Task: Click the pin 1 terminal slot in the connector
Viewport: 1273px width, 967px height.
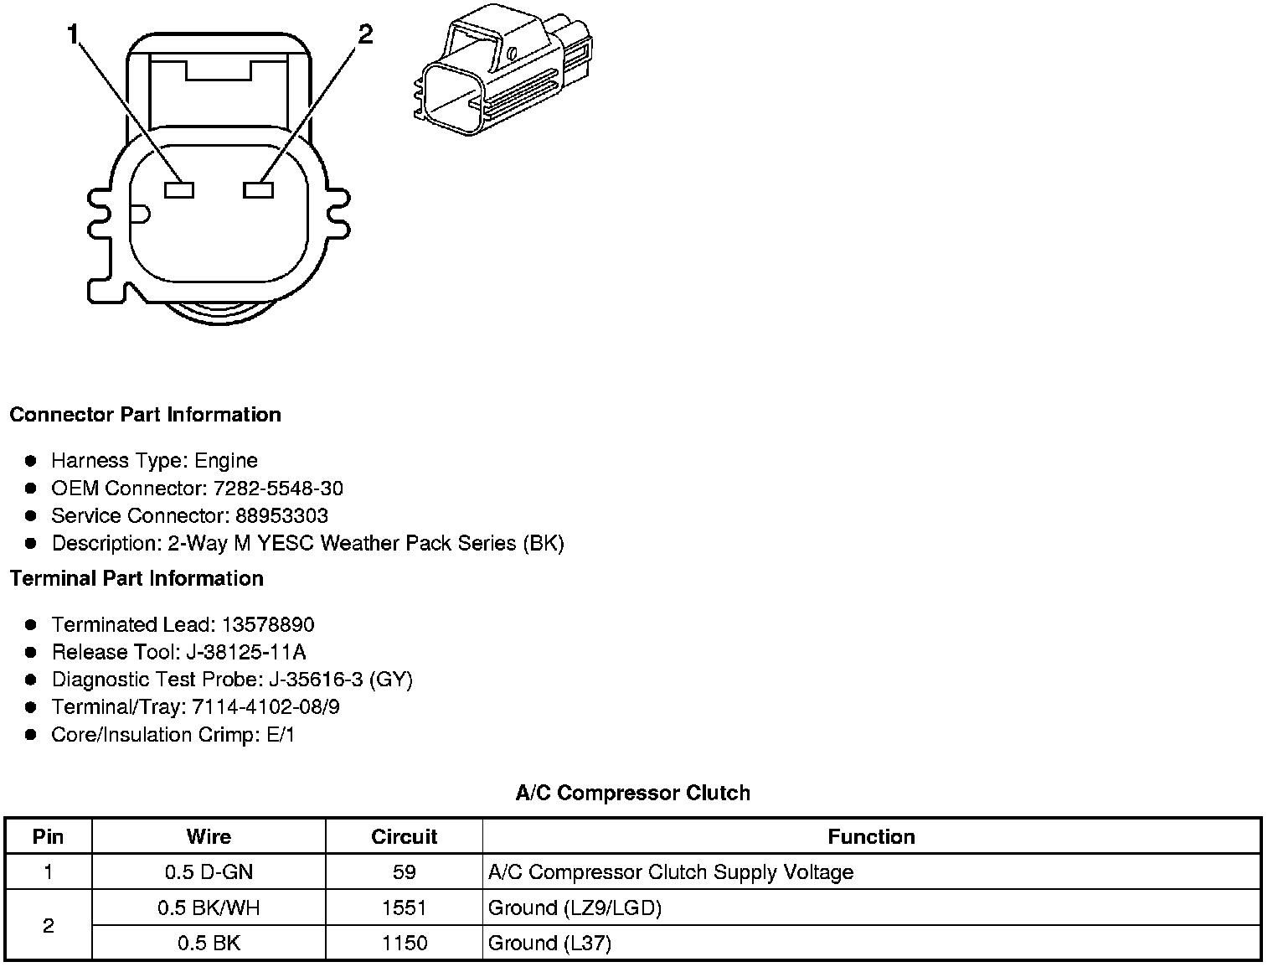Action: pyautogui.click(x=179, y=190)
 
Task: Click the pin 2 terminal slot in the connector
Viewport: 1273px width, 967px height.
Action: pyautogui.click(x=259, y=190)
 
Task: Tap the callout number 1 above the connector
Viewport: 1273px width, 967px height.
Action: pyautogui.click(x=74, y=34)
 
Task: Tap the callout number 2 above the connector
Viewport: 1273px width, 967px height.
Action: pyautogui.click(x=364, y=34)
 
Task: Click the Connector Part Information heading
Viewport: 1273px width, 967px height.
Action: pyautogui.click(x=145, y=415)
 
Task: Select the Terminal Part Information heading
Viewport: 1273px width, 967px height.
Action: pyautogui.click(x=137, y=579)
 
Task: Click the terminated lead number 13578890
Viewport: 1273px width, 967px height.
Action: pyautogui.click(x=268, y=625)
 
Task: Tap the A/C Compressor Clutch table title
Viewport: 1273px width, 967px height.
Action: pyautogui.click(x=632, y=793)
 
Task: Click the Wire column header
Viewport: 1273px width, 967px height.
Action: pyautogui.click(x=209, y=836)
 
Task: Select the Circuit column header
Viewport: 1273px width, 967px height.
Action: pyautogui.click(x=404, y=836)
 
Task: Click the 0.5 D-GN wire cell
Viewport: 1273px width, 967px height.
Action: pyautogui.click(x=209, y=872)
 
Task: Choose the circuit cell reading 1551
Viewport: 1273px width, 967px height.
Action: pyautogui.click(x=404, y=908)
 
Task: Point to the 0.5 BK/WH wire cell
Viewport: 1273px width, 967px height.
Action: pyautogui.click(x=209, y=908)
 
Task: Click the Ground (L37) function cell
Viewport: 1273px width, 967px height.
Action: pyautogui.click(x=549, y=944)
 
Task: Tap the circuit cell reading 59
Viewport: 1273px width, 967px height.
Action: pyautogui.click(x=404, y=872)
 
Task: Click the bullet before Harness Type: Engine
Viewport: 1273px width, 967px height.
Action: pyautogui.click(x=31, y=461)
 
